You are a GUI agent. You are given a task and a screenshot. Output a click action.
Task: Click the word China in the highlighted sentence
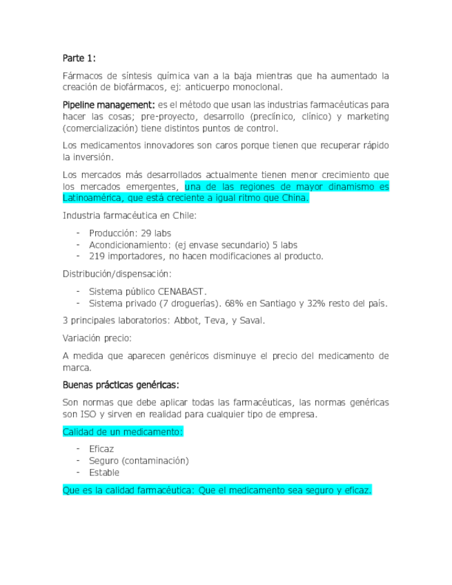coord(294,199)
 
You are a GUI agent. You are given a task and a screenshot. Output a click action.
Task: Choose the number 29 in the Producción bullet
coord(148,233)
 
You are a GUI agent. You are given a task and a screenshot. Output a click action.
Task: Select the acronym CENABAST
coord(183,291)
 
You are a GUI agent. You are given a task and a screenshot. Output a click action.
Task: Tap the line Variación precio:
coord(97,338)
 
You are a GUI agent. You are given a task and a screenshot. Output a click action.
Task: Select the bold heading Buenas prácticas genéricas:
coord(121,384)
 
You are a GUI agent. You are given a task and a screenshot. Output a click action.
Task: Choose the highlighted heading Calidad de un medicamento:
coord(123,431)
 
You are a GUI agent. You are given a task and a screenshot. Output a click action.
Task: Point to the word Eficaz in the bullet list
coord(101,448)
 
